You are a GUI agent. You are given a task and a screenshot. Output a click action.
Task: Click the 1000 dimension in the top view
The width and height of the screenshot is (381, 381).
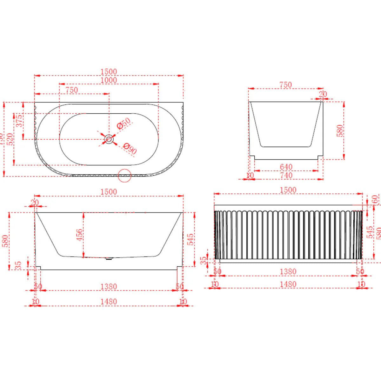(x=109, y=80)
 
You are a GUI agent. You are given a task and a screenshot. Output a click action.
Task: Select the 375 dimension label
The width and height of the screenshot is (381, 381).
(x=19, y=121)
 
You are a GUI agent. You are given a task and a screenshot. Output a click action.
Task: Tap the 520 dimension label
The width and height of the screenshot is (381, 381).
(x=10, y=139)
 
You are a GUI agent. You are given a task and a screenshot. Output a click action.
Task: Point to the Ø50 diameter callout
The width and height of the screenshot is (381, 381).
(x=124, y=123)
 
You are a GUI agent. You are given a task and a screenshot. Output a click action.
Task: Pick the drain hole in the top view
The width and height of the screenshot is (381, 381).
(x=109, y=139)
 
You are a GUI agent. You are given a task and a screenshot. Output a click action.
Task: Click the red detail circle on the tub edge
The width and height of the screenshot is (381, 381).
(x=124, y=176)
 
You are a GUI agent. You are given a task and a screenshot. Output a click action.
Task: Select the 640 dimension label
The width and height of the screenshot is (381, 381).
(x=286, y=167)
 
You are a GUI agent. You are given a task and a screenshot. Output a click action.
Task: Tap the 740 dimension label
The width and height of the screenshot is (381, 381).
(x=286, y=175)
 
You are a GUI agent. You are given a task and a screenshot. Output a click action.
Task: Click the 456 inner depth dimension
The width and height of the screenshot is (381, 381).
(x=79, y=235)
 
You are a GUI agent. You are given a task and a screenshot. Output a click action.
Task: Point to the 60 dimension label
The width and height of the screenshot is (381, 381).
(x=375, y=199)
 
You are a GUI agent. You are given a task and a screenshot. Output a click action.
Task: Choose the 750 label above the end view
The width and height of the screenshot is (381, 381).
(x=285, y=85)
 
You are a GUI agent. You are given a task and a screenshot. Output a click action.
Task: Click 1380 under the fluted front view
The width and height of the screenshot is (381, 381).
(x=288, y=272)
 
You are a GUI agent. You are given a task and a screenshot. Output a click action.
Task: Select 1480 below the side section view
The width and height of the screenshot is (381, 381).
(x=109, y=302)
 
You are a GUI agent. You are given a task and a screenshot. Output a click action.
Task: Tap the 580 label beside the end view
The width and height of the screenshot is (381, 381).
(x=340, y=130)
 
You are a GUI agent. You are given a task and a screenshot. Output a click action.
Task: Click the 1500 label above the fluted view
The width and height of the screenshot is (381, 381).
(x=288, y=190)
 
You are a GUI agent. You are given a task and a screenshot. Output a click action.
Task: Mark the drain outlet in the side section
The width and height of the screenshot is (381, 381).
(x=109, y=259)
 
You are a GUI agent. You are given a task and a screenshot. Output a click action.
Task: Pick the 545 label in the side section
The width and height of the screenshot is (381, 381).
(x=190, y=239)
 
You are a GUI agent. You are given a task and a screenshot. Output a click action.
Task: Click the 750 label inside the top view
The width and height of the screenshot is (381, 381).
(x=71, y=90)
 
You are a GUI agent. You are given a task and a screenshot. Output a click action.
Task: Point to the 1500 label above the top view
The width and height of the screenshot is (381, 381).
(x=109, y=72)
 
